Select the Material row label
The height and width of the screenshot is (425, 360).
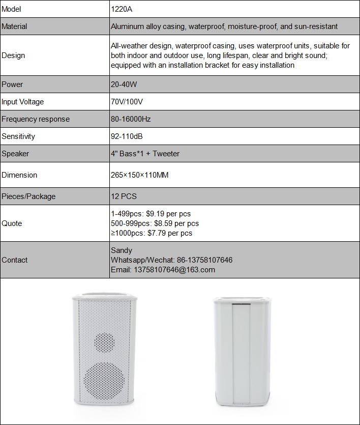(x=15, y=26)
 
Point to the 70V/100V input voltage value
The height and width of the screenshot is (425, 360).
(x=127, y=102)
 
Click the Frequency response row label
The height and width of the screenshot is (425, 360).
(x=36, y=119)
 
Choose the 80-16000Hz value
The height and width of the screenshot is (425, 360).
(x=131, y=119)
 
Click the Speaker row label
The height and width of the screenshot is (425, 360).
(x=16, y=154)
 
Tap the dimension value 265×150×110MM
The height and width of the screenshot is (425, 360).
(x=139, y=175)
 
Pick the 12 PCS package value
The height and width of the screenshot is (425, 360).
(x=124, y=196)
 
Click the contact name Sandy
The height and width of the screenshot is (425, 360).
(x=122, y=250)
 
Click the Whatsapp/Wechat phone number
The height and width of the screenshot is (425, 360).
(x=204, y=260)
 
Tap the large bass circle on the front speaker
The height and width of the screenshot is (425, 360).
(x=104, y=381)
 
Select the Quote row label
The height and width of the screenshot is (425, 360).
(x=12, y=223)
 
